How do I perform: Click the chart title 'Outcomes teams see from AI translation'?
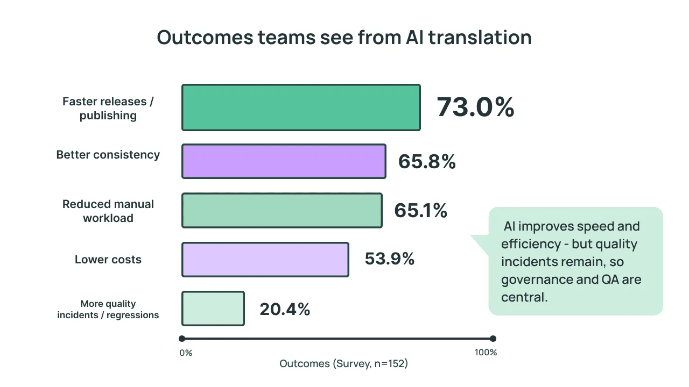pyautogui.click(x=344, y=38)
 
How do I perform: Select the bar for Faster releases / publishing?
pyautogui.click(x=301, y=107)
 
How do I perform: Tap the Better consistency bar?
pyautogui.click(x=284, y=161)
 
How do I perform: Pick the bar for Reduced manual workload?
pyautogui.click(x=282, y=211)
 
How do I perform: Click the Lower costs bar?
pyautogui.click(x=265, y=260)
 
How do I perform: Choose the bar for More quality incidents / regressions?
pyautogui.click(x=213, y=309)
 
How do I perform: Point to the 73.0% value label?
pyautogui.click(x=475, y=107)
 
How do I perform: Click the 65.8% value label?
pyautogui.click(x=427, y=161)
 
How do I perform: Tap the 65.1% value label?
pyautogui.click(x=420, y=211)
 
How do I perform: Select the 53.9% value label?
pyautogui.click(x=390, y=259)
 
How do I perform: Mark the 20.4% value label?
pyautogui.click(x=285, y=309)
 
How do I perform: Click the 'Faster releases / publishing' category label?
pyautogui.click(x=108, y=108)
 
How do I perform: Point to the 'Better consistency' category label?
pyautogui.click(x=108, y=155)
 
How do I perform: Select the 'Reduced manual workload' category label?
pyautogui.click(x=108, y=211)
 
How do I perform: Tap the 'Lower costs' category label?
pyautogui.click(x=108, y=260)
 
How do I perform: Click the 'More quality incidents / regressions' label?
pyautogui.click(x=108, y=310)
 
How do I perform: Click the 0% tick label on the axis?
pyautogui.click(x=186, y=353)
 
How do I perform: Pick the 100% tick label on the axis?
pyautogui.click(x=486, y=353)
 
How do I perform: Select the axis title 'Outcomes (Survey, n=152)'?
pyautogui.click(x=343, y=364)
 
